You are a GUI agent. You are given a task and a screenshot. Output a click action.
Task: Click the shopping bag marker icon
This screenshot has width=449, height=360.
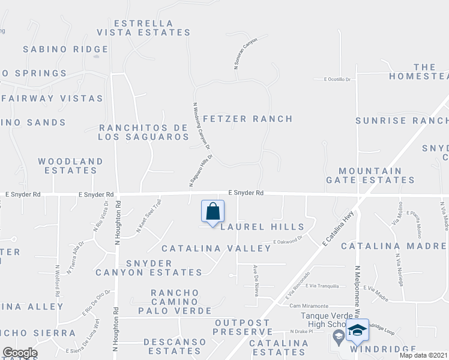212,212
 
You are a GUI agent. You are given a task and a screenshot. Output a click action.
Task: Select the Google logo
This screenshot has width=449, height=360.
20,353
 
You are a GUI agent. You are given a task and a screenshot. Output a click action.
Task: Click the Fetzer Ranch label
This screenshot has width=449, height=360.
248,119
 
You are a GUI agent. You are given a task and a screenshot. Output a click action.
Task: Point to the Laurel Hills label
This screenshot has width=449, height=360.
262,227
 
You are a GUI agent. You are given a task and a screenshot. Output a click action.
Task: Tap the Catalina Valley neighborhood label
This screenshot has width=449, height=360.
216,248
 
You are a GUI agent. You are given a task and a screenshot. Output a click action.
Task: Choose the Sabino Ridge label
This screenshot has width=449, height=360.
65,49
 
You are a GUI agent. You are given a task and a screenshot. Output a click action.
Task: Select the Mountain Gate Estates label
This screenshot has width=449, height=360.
370,175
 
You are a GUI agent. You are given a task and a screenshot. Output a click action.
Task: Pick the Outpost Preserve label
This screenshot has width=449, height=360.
244,327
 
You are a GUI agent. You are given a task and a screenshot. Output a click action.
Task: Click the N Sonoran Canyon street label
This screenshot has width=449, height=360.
246,54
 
